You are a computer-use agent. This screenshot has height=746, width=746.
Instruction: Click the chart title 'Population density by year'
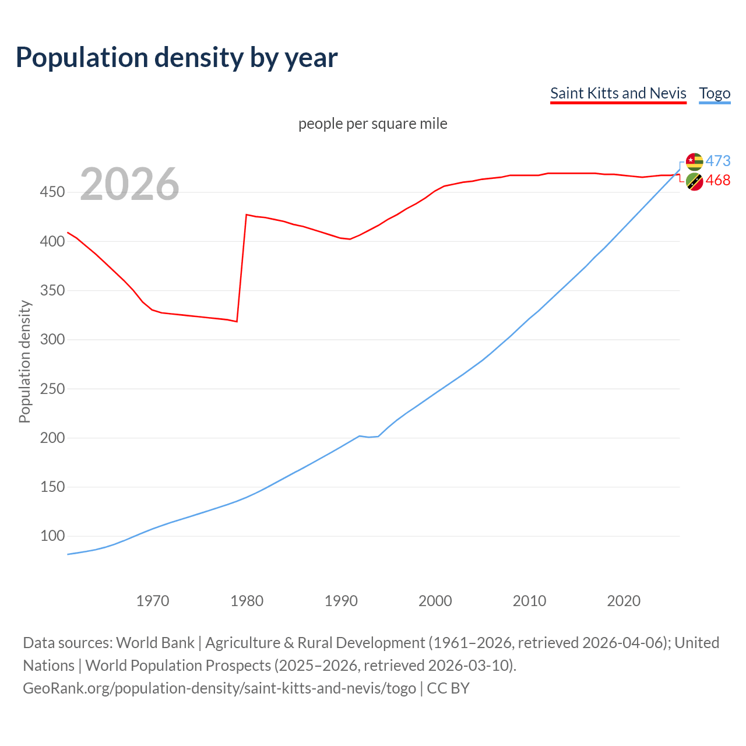pos(177,58)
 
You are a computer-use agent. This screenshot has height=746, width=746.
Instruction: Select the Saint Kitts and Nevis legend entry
pos(618,93)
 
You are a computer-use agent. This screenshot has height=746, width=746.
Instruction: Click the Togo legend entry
pos(715,93)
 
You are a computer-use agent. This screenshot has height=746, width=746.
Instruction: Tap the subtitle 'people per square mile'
pos(372,124)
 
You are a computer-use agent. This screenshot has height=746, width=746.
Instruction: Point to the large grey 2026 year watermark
pos(129,184)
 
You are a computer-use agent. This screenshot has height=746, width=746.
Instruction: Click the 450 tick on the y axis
pos(52,192)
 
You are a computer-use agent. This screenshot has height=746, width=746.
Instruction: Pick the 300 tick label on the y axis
pos(52,340)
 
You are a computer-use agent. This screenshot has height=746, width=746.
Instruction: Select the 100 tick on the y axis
pos(52,536)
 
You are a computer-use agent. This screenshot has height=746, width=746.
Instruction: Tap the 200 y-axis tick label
pos(52,438)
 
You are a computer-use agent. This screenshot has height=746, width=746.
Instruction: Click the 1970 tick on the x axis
pos(153,601)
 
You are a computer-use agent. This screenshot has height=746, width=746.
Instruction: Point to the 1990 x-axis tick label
pos(341,601)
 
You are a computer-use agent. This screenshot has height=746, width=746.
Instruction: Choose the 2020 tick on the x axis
pos(624,601)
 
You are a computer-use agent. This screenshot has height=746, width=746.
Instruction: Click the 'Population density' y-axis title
pos(24,361)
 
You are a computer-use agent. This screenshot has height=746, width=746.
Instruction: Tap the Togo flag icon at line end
pos(694,161)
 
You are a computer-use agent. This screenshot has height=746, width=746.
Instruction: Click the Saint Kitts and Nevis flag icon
pos(694,182)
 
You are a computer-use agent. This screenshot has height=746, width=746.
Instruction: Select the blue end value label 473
pos(718,161)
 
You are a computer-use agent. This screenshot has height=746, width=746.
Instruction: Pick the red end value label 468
pos(718,181)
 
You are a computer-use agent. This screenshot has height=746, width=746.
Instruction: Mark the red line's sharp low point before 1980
pos(237,321)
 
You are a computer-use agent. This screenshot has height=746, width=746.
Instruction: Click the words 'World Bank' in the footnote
pos(155,643)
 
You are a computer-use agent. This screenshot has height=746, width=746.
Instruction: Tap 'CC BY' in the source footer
pos(448,688)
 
